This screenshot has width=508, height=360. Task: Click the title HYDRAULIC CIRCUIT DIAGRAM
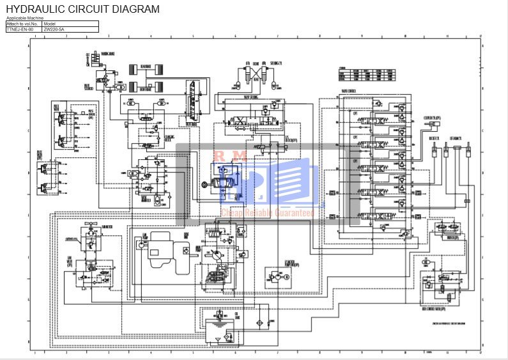pyautogui.click(x=82, y=9)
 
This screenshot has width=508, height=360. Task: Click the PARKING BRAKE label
pyautogui.click(x=108, y=54)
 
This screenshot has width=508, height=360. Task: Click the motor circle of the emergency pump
pyautogui.click(x=286, y=277)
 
